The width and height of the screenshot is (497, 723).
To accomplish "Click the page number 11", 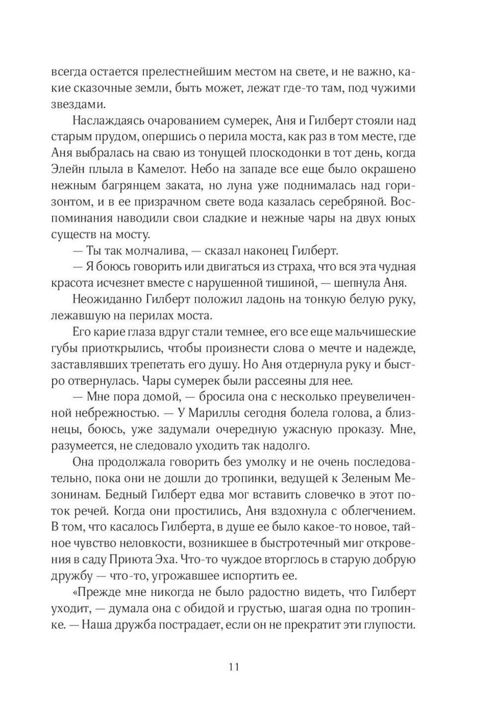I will coord(235,666).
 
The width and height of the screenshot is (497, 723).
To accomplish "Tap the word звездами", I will coord(78,105).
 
